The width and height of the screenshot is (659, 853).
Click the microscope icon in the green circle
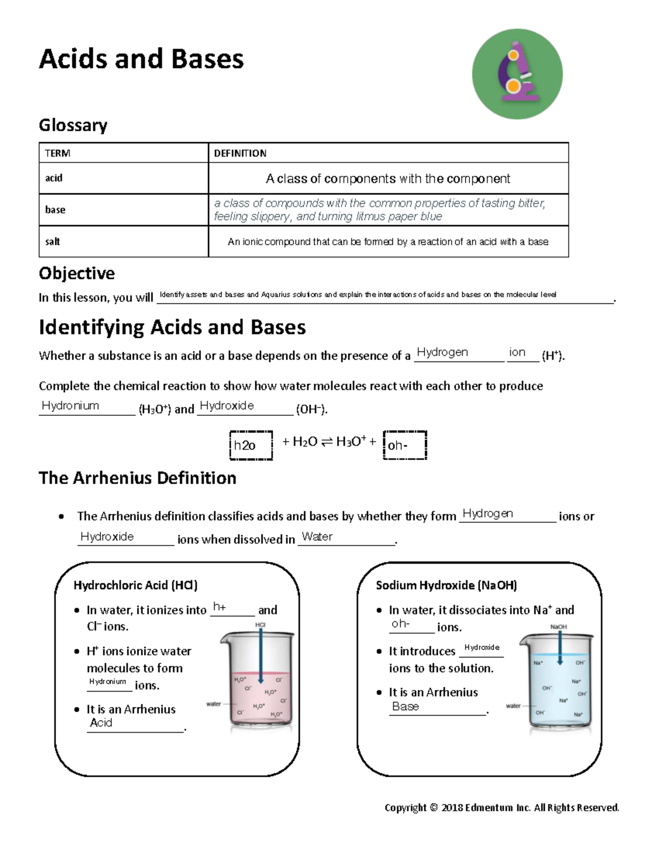[x=517, y=74]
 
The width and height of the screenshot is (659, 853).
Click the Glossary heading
[x=72, y=125]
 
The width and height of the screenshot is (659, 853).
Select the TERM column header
[x=58, y=153]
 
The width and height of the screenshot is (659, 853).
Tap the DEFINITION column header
[x=240, y=153]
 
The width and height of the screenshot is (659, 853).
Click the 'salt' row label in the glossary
[x=53, y=242]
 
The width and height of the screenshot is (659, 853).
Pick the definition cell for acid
[x=388, y=179]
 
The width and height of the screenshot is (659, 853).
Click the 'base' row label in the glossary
[x=55, y=210]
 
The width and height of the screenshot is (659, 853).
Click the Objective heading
[x=76, y=273]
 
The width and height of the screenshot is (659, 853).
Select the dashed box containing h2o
[x=250, y=445]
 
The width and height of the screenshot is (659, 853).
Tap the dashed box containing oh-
[x=404, y=445]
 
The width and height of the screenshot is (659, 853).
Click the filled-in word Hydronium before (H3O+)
[x=70, y=406]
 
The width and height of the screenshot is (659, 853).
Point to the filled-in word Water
[x=317, y=537]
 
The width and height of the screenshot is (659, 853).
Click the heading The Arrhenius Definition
[x=137, y=478]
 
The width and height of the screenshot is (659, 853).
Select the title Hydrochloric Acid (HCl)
[x=135, y=585]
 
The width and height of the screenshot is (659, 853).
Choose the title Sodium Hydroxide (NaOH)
[x=446, y=585]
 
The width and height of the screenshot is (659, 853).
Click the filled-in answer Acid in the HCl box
[x=101, y=723]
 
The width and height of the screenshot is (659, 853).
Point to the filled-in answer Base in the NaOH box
[x=405, y=706]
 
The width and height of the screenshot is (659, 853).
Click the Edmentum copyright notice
[x=501, y=807]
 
